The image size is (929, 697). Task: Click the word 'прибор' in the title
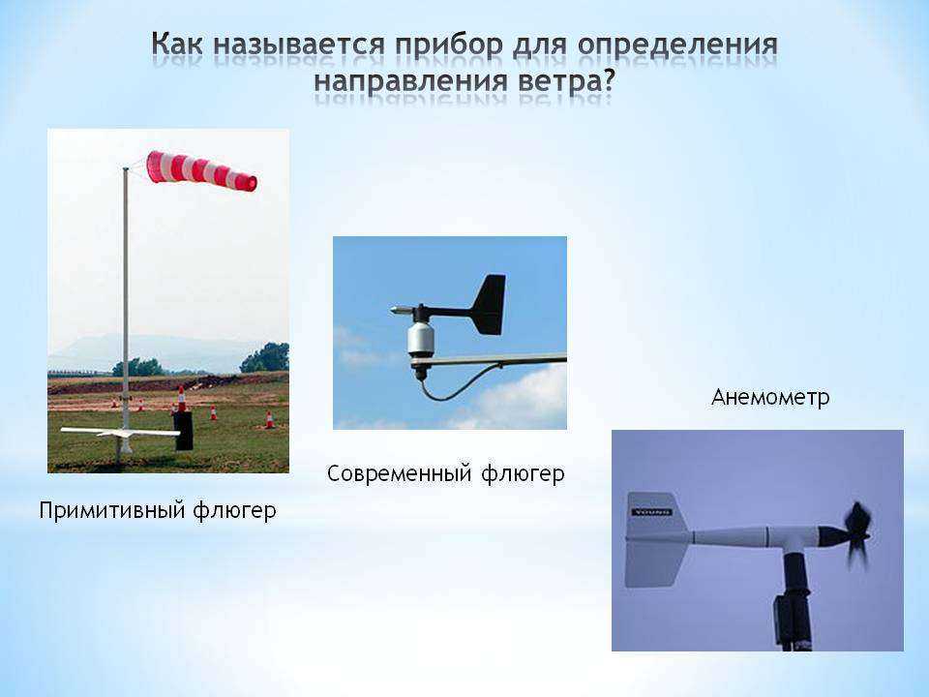pyautogui.click(x=450, y=46)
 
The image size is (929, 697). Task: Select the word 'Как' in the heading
pyautogui.click(x=177, y=44)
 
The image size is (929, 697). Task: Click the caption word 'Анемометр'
pyautogui.click(x=770, y=397)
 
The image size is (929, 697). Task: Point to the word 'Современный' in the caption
pyautogui.click(x=400, y=473)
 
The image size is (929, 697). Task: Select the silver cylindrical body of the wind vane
pyautogui.click(x=421, y=340)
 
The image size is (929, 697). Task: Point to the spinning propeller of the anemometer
pyautogui.click(x=856, y=535)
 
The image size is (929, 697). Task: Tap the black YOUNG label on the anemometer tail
pyautogui.click(x=651, y=512)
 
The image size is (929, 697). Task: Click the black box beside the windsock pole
pyautogui.click(x=183, y=431)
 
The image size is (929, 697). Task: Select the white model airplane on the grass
pyautogui.click(x=120, y=433)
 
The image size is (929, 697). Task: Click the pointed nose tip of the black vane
pyautogui.click(x=392, y=310)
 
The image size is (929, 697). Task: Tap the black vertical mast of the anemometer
pyautogui.click(x=794, y=598)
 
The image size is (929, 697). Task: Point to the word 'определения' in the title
pyautogui.click(x=676, y=45)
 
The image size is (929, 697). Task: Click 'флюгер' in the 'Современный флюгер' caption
pyautogui.click(x=523, y=474)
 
